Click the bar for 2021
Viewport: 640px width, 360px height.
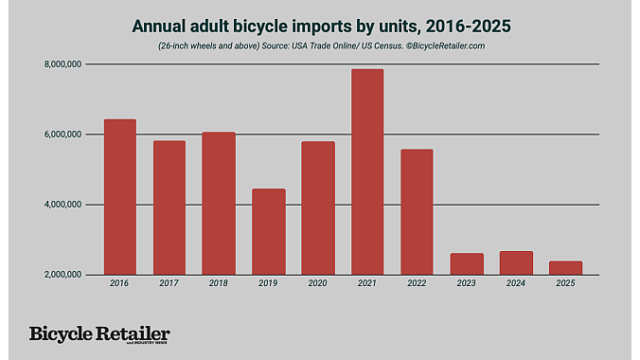click(x=367, y=171)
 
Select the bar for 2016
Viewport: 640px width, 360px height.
click(x=120, y=197)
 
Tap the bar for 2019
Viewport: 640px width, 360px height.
click(x=268, y=231)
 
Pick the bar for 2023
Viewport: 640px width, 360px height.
click(x=466, y=263)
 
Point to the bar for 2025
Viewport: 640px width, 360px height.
click(x=565, y=267)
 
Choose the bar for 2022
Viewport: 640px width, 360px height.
click(x=417, y=211)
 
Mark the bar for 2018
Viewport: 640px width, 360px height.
click(x=219, y=203)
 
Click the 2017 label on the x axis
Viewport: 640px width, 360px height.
click(x=169, y=283)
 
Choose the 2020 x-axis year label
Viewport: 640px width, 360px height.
click(x=317, y=283)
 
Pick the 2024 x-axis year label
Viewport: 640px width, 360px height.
click(x=515, y=283)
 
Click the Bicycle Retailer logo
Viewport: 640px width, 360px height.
click(x=99, y=334)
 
